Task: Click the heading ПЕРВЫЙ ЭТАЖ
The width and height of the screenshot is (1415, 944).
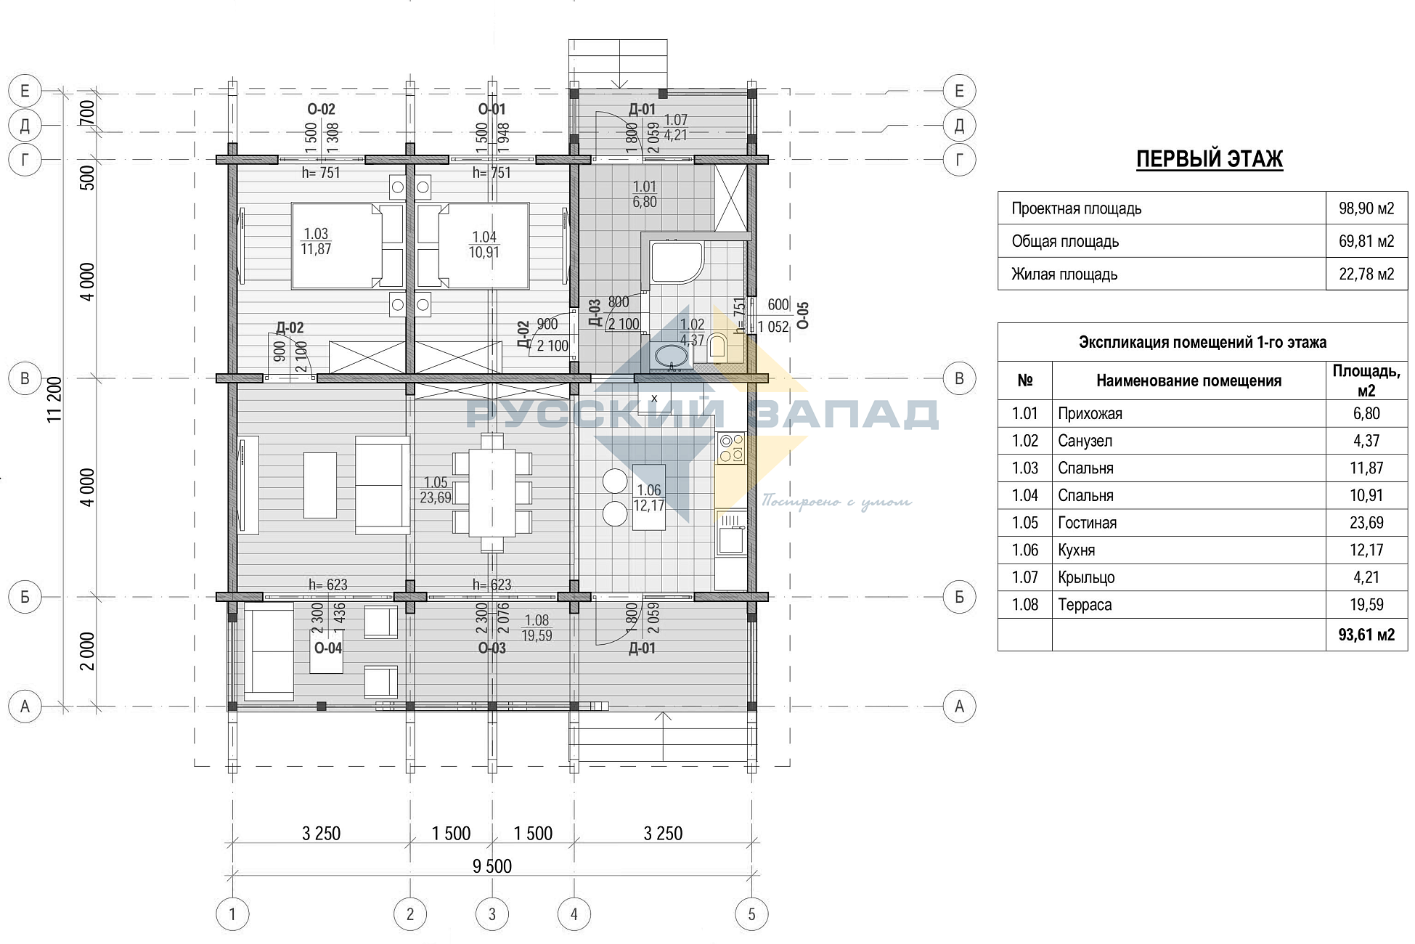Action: [1210, 159]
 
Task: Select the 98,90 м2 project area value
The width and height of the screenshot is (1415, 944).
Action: [1366, 208]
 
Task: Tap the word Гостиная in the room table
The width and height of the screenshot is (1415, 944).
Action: [1087, 523]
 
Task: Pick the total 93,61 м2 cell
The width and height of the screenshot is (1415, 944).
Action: [1366, 635]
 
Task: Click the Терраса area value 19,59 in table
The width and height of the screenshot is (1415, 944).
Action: [1366, 605]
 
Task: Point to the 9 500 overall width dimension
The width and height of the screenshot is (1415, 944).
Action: [492, 866]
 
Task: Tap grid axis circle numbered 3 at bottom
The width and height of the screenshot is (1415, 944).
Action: [492, 914]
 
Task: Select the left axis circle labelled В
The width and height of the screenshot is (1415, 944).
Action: [25, 378]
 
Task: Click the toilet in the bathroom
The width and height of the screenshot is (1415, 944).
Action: [717, 346]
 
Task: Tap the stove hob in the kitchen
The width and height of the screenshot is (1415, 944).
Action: [730, 448]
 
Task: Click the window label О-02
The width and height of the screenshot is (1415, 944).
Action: [322, 110]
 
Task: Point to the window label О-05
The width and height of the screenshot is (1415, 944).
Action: [802, 315]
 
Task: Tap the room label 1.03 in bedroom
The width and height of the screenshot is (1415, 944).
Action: [316, 234]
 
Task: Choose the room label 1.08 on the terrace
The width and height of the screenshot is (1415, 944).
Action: [537, 620]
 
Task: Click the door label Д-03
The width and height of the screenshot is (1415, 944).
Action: [595, 313]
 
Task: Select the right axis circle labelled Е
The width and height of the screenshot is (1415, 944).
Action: [959, 91]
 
